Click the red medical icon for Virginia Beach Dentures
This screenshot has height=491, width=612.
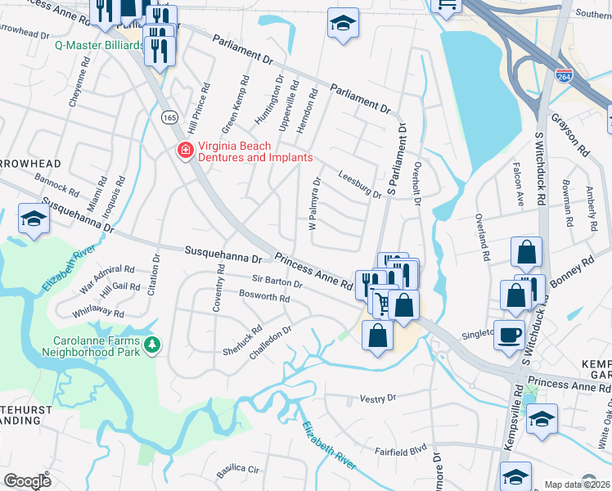click(x=184, y=151)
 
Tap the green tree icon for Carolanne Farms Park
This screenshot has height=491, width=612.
click(x=151, y=346)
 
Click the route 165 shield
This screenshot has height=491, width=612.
click(x=169, y=118)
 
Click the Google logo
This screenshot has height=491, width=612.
click(x=27, y=481)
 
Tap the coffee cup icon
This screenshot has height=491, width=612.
click(x=509, y=336)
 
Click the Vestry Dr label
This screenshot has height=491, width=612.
click(x=378, y=398)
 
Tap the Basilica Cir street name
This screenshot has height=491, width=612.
click(x=237, y=471)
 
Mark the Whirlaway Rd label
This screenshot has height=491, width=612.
click(x=98, y=313)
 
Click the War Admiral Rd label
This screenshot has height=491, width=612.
click(x=106, y=269)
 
